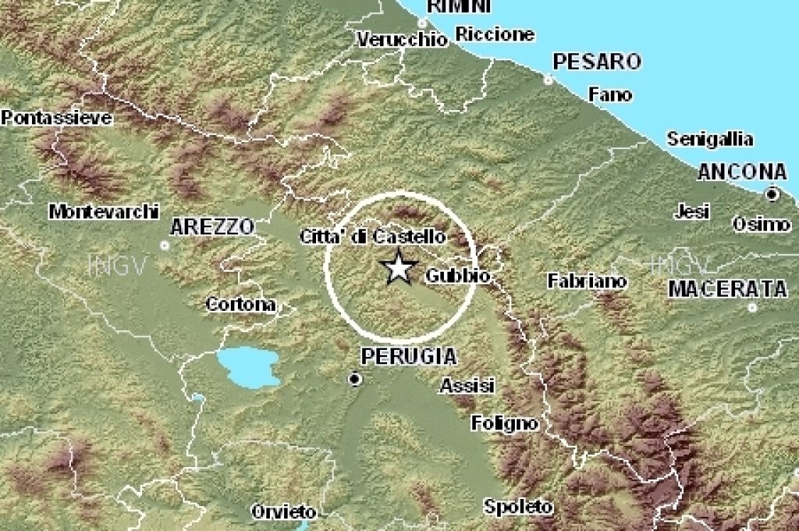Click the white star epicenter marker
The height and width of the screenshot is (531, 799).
[399, 268]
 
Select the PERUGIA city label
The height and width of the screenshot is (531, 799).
[409, 357]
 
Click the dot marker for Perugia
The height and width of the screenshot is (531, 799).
[356, 380]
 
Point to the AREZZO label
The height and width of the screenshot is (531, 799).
[212, 226]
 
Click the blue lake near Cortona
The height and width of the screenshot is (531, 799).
[249, 366]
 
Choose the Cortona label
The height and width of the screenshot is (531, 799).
[240, 305]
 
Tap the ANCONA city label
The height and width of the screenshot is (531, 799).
[742, 172]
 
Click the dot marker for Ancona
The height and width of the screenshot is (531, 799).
[772, 194]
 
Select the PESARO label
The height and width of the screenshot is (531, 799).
[597, 61]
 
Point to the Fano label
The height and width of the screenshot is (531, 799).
[610, 94]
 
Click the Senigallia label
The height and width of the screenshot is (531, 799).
[710, 140]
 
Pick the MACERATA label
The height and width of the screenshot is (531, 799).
[728, 289]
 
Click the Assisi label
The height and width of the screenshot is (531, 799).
[467, 385]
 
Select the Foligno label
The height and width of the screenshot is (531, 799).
[505, 423]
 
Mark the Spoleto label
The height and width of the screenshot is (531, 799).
[518, 506]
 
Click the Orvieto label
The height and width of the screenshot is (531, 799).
[284, 512]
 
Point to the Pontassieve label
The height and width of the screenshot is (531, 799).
[56, 119]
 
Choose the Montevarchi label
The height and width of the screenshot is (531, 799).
[104, 212]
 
